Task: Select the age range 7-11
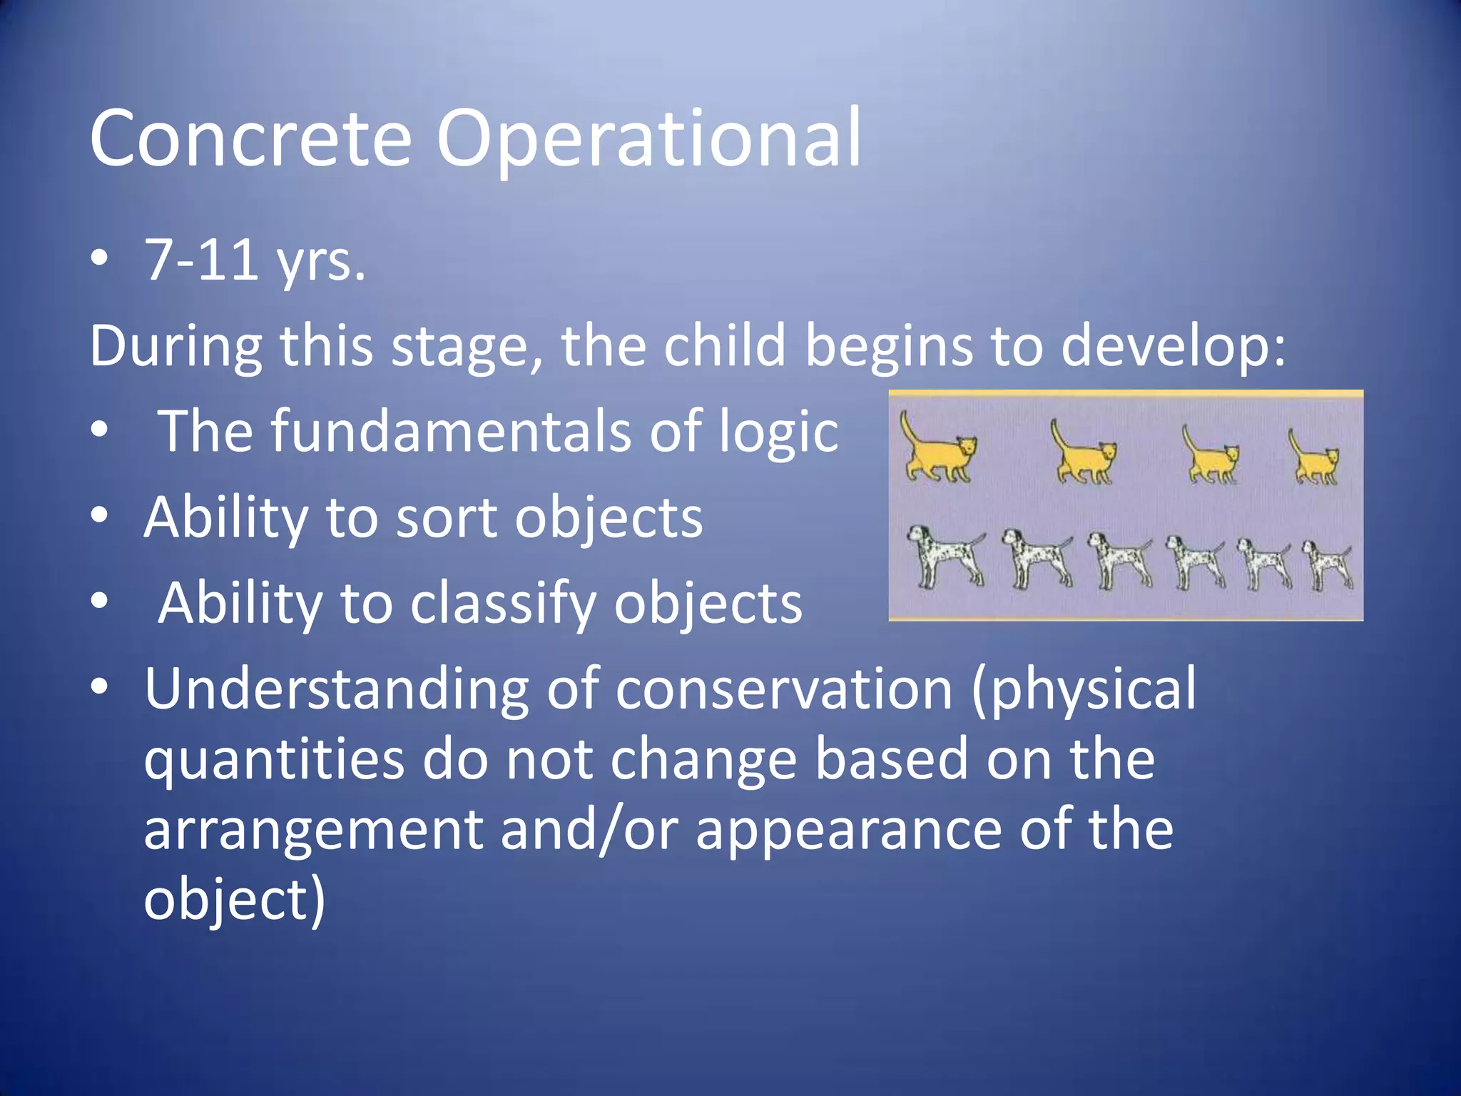(201, 260)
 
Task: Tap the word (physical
(1084, 691)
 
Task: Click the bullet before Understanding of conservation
(100, 687)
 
